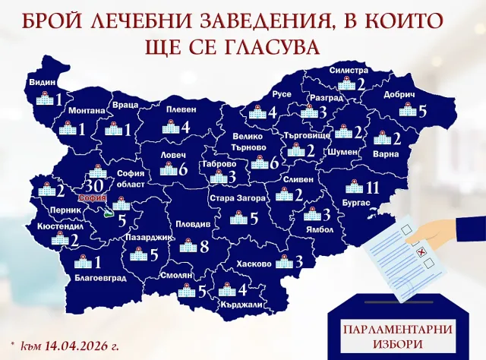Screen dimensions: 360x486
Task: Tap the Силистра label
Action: pos(348,69)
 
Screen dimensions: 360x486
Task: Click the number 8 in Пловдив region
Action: pos(204,246)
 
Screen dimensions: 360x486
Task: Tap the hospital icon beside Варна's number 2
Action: pos(380,139)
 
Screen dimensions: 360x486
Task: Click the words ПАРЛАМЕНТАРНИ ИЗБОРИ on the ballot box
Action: pos(387,336)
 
